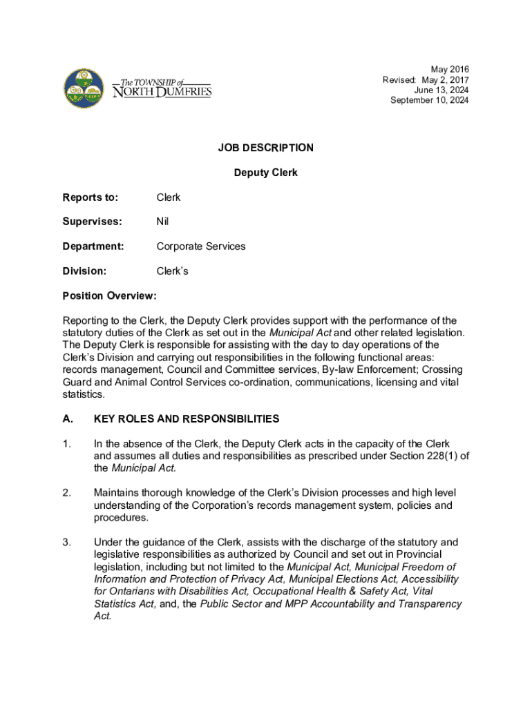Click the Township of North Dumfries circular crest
coord(84,88)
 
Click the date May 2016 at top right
coord(450,69)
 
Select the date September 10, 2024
coord(429,100)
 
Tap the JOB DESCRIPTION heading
coord(266,148)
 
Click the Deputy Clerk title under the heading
coord(266,173)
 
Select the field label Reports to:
coord(91,197)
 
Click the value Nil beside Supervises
coord(162,222)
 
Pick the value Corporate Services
coord(201,246)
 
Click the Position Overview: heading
coord(110,296)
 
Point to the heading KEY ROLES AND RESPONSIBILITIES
coord(187,419)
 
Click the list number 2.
coord(66,493)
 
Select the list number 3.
coord(66,543)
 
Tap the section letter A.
coord(67,419)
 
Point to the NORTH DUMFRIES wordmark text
coord(162,92)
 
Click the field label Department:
coord(93,246)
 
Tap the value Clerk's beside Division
coord(172,271)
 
